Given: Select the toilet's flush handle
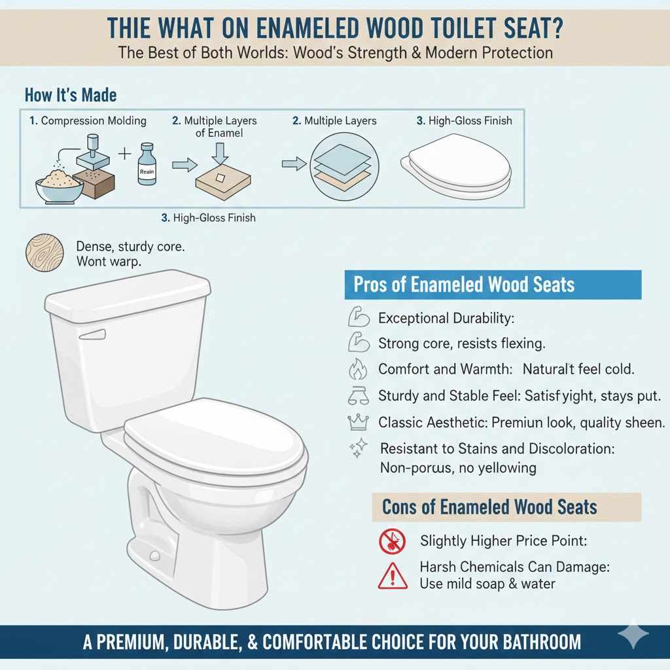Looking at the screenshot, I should [92, 335].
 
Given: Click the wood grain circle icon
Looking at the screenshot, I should [45, 254].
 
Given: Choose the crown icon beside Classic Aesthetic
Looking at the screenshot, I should [357, 422].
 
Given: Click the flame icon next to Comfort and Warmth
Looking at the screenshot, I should [357, 369].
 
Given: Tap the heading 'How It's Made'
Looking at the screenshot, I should [71, 95].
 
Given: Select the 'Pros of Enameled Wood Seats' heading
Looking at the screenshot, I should [463, 285].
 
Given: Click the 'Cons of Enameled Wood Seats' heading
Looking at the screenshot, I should [489, 507].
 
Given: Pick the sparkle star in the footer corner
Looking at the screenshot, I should [633, 635].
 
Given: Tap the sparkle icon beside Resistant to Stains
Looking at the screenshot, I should [359, 450].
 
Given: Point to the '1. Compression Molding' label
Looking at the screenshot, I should [88, 121].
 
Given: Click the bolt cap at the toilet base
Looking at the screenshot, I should [155, 556].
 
